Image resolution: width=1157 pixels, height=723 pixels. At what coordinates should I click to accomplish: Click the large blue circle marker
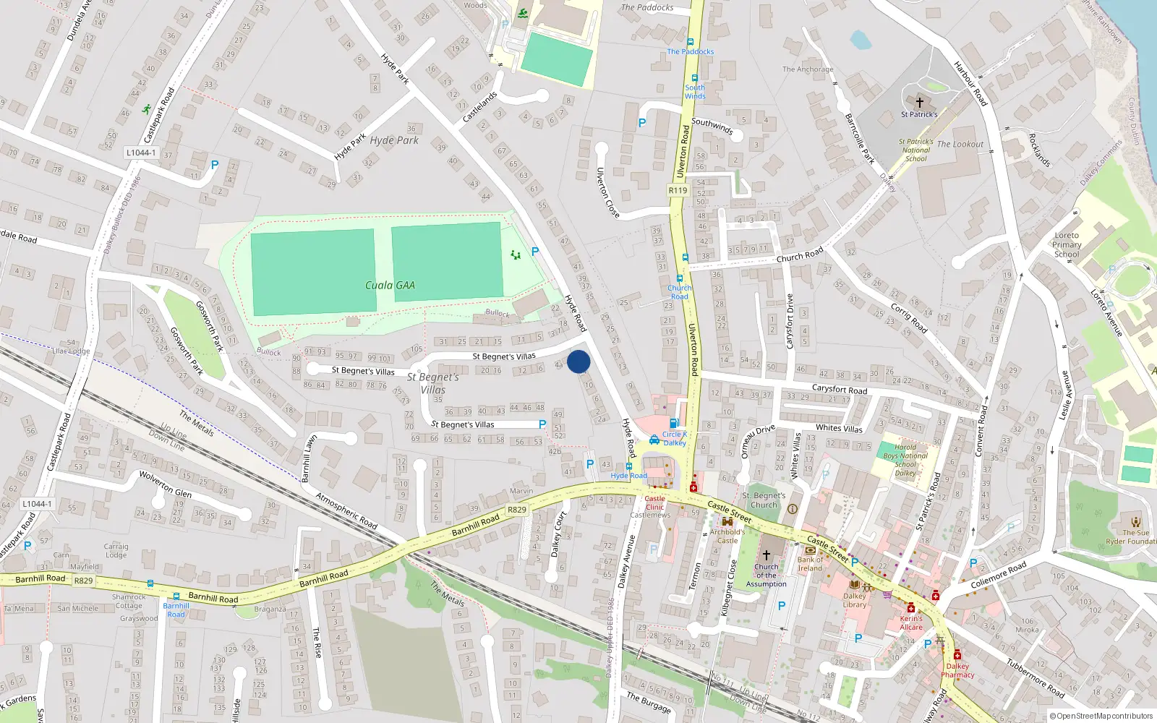click(578, 361)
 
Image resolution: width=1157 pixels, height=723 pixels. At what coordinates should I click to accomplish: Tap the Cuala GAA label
click(390, 286)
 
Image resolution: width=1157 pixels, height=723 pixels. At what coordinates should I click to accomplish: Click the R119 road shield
click(678, 190)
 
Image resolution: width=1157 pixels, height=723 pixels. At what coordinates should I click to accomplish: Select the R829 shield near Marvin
click(516, 510)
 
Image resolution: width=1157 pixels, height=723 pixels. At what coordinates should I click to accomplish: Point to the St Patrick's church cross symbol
click(919, 103)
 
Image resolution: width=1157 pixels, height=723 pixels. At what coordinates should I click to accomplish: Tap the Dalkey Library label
click(854, 600)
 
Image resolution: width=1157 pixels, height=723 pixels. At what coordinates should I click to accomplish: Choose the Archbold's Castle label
click(727, 536)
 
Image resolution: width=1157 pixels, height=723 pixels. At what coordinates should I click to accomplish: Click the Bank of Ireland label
click(810, 563)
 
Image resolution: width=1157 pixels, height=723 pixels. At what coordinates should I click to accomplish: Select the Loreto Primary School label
click(1067, 245)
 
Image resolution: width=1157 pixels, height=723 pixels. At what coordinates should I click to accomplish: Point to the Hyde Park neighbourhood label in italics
click(394, 140)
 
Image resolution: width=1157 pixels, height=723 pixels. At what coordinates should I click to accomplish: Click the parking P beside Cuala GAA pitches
click(535, 252)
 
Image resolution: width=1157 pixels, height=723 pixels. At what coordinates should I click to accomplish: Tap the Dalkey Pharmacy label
click(957, 670)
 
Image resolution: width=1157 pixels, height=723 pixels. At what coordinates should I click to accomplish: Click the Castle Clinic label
click(654, 502)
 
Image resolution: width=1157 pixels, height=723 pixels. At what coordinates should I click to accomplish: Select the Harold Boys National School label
click(905, 460)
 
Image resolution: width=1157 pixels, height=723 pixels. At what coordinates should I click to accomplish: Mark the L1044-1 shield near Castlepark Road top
click(140, 153)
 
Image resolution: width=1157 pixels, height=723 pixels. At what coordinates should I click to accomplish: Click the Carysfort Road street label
click(839, 389)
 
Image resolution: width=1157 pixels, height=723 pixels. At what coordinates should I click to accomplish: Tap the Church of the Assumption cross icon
click(767, 555)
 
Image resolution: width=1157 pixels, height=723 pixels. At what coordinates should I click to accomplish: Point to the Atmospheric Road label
click(346, 510)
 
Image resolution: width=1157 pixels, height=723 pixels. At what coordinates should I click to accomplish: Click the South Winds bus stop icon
click(694, 78)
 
